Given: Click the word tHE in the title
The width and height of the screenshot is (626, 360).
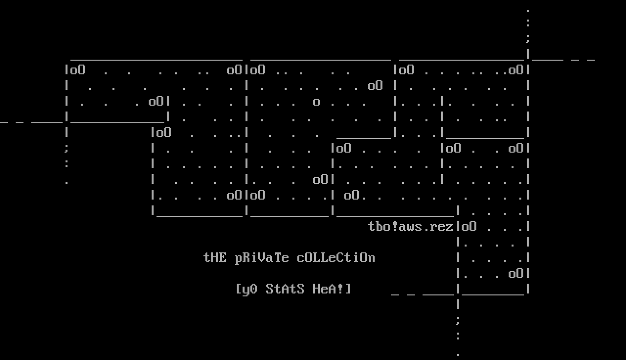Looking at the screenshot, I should tap(215, 258).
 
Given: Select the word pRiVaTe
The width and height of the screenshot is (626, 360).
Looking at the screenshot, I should tap(262, 258).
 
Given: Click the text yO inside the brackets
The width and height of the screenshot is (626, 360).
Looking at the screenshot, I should tap(250, 289).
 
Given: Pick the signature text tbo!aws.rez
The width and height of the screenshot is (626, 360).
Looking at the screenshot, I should tap(410, 226).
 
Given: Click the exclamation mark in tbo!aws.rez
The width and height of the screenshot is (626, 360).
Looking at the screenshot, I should tap(395, 226).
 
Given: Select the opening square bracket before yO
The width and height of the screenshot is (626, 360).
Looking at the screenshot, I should tap(238, 289).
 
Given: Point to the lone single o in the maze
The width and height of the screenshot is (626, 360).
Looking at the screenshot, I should tap(316, 102).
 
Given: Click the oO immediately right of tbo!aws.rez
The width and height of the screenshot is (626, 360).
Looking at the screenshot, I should tap(469, 226).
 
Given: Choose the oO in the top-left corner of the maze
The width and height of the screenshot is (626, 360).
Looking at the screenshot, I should tap(78, 70).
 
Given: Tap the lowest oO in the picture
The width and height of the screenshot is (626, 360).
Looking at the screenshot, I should tap(516, 273).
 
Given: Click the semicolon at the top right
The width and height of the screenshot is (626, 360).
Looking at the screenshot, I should tap(528, 39).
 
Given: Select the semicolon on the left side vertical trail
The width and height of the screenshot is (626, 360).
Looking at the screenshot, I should tap(66, 148).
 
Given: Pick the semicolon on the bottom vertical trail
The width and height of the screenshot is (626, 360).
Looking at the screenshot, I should tap(457, 320).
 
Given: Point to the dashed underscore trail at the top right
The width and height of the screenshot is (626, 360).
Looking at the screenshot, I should tap(562, 59).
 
